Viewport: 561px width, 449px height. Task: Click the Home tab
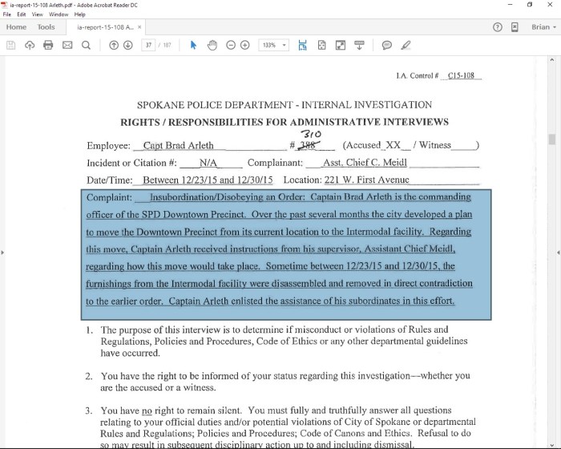16,26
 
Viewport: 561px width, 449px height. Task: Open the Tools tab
46,26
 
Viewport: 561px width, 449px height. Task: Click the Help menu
79,14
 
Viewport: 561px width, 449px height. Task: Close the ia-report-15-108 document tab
139,27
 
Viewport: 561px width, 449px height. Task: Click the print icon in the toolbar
48,45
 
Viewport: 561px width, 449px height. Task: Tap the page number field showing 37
148,45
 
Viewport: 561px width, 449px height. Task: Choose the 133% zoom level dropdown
273,45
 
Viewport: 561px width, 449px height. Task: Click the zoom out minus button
231,45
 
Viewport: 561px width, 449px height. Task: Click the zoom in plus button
245,45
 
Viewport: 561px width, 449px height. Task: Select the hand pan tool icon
212,45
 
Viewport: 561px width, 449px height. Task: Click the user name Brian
539,26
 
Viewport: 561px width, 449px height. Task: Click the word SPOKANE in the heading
165,105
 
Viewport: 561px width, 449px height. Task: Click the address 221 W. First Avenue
357,180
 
